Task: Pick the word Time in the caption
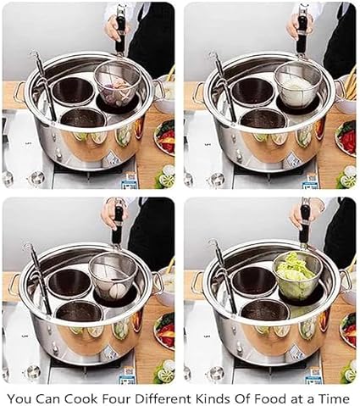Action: [334, 398]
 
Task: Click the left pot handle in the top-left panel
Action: [19, 92]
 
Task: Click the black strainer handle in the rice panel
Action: [302, 31]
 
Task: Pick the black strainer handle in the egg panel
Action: [118, 223]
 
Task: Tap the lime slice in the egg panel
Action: [166, 374]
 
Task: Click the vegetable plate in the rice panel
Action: [345, 137]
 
